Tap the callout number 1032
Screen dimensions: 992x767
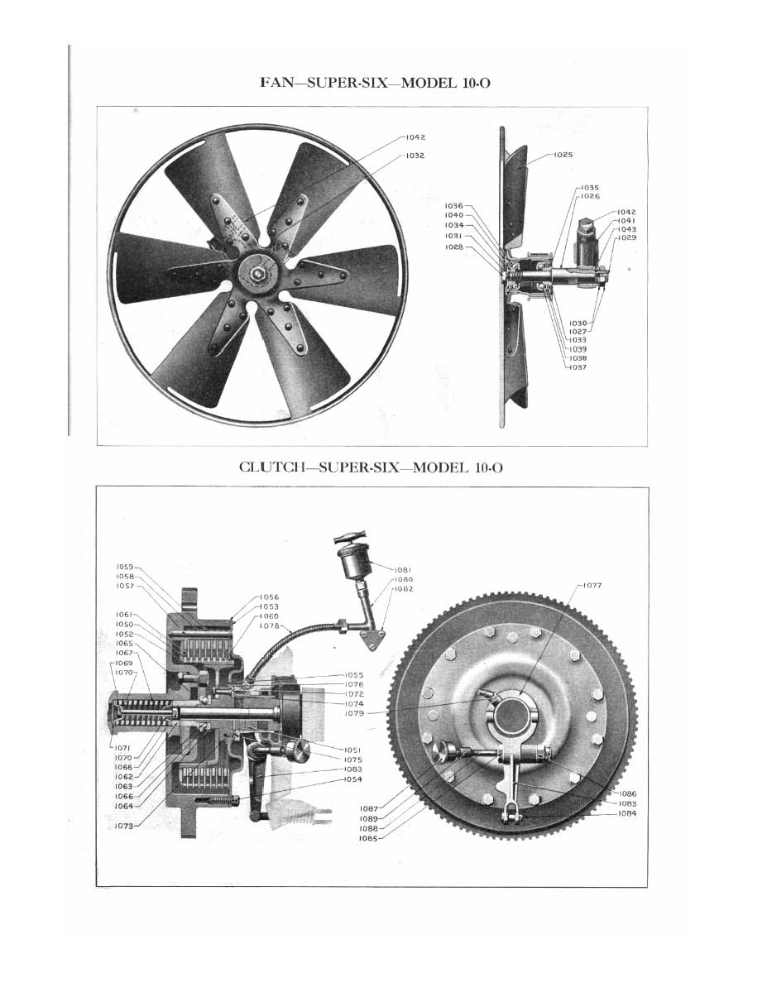pyautogui.click(x=415, y=155)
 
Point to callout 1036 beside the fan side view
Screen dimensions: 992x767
pyautogui.click(x=454, y=205)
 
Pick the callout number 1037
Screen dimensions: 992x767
pyautogui.click(x=577, y=367)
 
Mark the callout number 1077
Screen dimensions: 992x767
pyautogui.click(x=592, y=585)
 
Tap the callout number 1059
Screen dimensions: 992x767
pyautogui.click(x=125, y=567)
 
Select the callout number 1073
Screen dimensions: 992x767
pyautogui.click(x=125, y=825)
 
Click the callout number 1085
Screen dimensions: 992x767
pyautogui.click(x=369, y=838)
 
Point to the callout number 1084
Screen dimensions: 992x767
pyautogui.click(x=627, y=813)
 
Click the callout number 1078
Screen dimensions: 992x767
pyautogui.click(x=269, y=626)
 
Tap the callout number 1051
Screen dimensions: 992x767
pyautogui.click(x=352, y=750)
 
